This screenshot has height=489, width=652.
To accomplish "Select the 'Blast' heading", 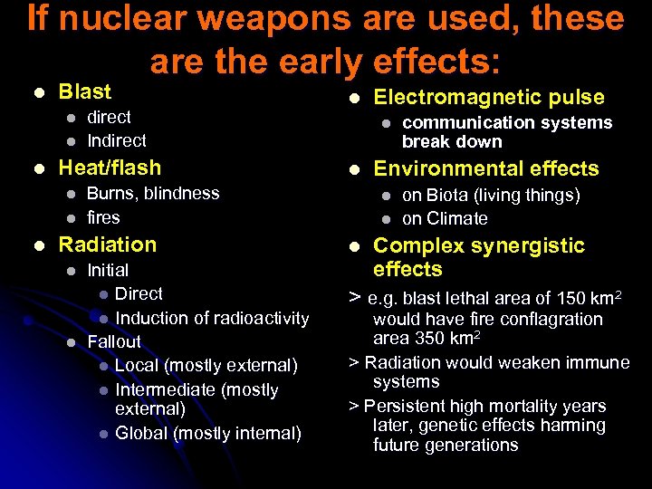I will point(84,91).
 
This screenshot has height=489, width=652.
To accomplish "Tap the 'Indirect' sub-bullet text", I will point(116,140).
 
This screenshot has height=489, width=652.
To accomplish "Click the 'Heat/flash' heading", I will point(110,168).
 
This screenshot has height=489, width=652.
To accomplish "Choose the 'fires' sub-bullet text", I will point(102,217).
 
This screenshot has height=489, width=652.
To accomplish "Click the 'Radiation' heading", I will point(107,244).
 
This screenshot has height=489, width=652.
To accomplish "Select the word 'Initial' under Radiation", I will point(108,270).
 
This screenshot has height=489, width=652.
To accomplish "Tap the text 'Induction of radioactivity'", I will point(212,318).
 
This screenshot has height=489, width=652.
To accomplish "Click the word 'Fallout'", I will point(113,341).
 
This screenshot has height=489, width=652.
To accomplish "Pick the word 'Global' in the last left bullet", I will point(141,433).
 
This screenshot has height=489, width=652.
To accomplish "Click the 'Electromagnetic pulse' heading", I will point(489,98).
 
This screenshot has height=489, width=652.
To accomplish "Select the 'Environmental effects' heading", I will point(486,168).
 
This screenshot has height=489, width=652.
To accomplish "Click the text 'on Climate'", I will point(445,218).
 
